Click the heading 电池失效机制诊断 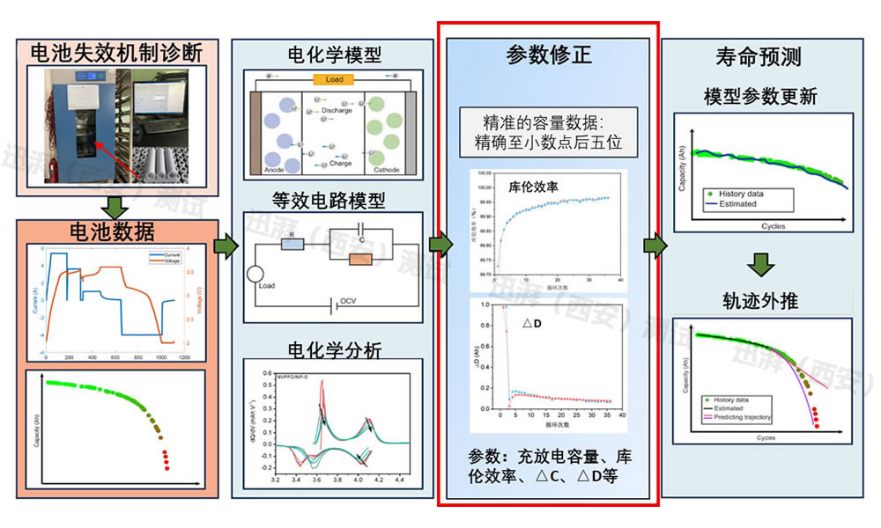pyautogui.click(x=116, y=52)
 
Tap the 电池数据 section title pyautogui.click(x=116, y=232)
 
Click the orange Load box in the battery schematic pyautogui.click(x=334, y=79)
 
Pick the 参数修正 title pyautogui.click(x=549, y=55)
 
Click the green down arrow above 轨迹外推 pyautogui.click(x=764, y=265)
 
